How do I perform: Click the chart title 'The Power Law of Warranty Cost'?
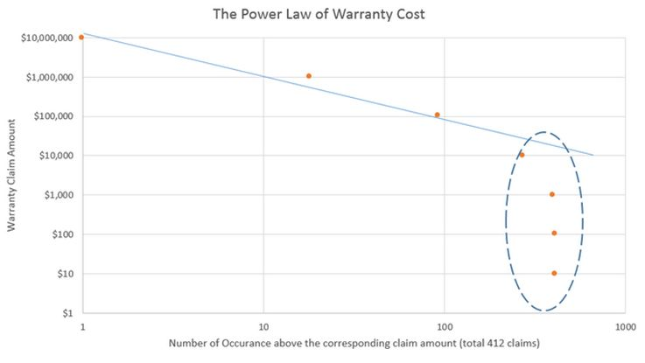322,15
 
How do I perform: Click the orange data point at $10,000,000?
81,37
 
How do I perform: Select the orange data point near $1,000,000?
308,76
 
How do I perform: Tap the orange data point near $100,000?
437,115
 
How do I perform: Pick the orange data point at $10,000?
522,155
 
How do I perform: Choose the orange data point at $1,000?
551,194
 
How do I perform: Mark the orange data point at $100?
554,233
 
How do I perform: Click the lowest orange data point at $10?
554,273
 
